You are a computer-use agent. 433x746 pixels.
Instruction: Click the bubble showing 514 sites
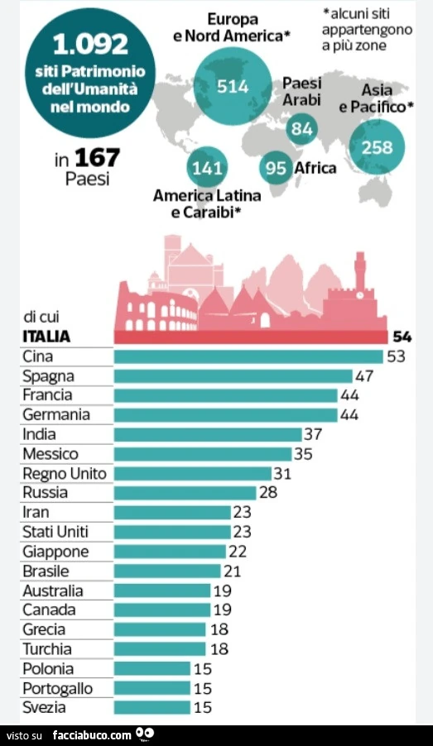point(233,86)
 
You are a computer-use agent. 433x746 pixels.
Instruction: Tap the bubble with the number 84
point(302,128)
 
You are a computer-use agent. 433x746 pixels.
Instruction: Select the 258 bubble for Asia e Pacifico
point(377,147)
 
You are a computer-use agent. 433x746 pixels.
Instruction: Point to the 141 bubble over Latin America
point(207,167)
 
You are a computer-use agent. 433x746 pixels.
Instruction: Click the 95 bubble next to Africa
point(276,167)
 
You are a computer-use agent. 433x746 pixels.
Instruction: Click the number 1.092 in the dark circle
point(90,44)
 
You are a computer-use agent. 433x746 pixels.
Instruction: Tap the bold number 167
point(97,157)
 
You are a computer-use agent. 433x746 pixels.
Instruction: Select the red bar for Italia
point(251,337)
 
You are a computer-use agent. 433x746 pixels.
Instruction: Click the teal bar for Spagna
point(233,375)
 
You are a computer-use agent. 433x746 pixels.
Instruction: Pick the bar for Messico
point(203,454)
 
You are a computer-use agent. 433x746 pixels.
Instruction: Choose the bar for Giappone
point(170,552)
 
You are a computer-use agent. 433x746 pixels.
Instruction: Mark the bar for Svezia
point(152,707)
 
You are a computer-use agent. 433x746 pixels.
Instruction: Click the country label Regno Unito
point(65,474)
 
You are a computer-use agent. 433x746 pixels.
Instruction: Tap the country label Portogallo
point(58,688)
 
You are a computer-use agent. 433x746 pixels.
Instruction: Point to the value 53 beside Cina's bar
point(397,356)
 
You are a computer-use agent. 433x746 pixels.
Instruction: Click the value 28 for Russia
point(268,492)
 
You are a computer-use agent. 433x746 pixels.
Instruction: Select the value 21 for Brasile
point(232,571)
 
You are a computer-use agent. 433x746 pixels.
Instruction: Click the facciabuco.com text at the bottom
point(91,735)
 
